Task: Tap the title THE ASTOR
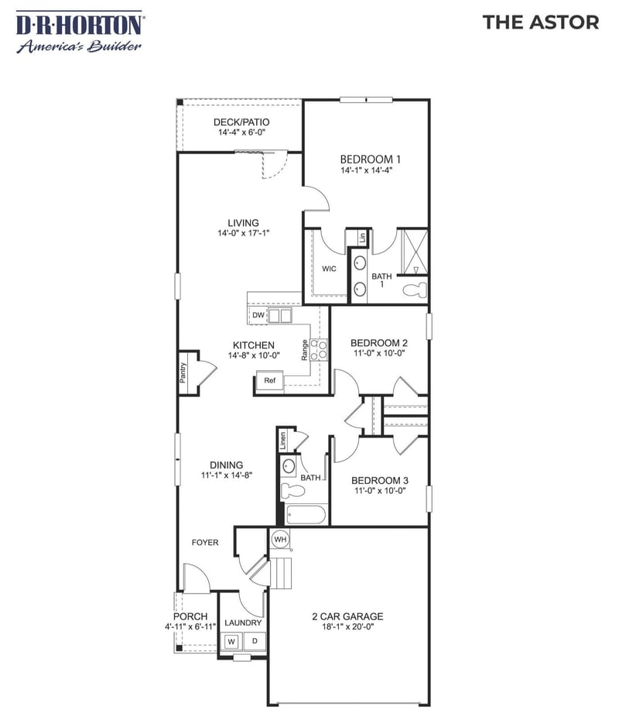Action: [540, 22]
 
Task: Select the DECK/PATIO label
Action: [241, 122]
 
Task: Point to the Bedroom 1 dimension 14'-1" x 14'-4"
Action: [371, 170]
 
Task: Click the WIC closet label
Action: [329, 269]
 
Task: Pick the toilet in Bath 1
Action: [416, 290]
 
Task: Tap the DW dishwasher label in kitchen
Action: [258, 315]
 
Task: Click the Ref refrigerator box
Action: [269, 380]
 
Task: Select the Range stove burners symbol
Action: [319, 349]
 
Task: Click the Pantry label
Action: [184, 367]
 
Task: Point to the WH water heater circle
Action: [280, 539]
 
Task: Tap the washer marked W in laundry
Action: [231, 641]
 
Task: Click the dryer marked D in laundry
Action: [255, 641]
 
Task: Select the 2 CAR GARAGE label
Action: [347, 617]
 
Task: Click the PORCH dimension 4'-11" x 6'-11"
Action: [190, 626]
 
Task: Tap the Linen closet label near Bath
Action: [283, 441]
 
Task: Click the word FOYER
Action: [205, 543]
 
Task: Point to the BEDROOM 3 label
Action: [379, 480]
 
